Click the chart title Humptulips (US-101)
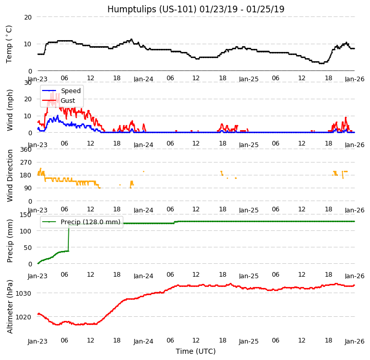196,9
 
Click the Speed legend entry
70,91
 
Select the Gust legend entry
69,100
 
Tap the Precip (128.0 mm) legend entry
90,222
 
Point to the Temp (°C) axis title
9,44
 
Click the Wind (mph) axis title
10,110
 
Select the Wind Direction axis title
10,175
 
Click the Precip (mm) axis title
10,240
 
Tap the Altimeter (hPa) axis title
10,306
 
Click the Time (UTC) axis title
196,351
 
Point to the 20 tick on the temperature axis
27,17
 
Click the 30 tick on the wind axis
27,82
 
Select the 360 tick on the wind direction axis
25,149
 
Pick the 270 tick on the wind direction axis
25,163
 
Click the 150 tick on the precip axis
25,214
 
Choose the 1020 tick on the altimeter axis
23,317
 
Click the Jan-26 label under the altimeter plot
355,341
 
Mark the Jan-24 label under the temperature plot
143,79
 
